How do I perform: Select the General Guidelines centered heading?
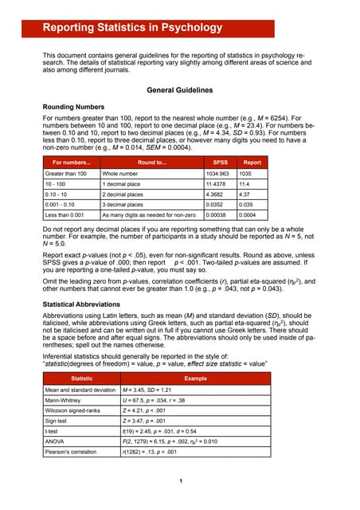click(x=179, y=90)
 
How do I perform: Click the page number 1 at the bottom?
click(x=180, y=481)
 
